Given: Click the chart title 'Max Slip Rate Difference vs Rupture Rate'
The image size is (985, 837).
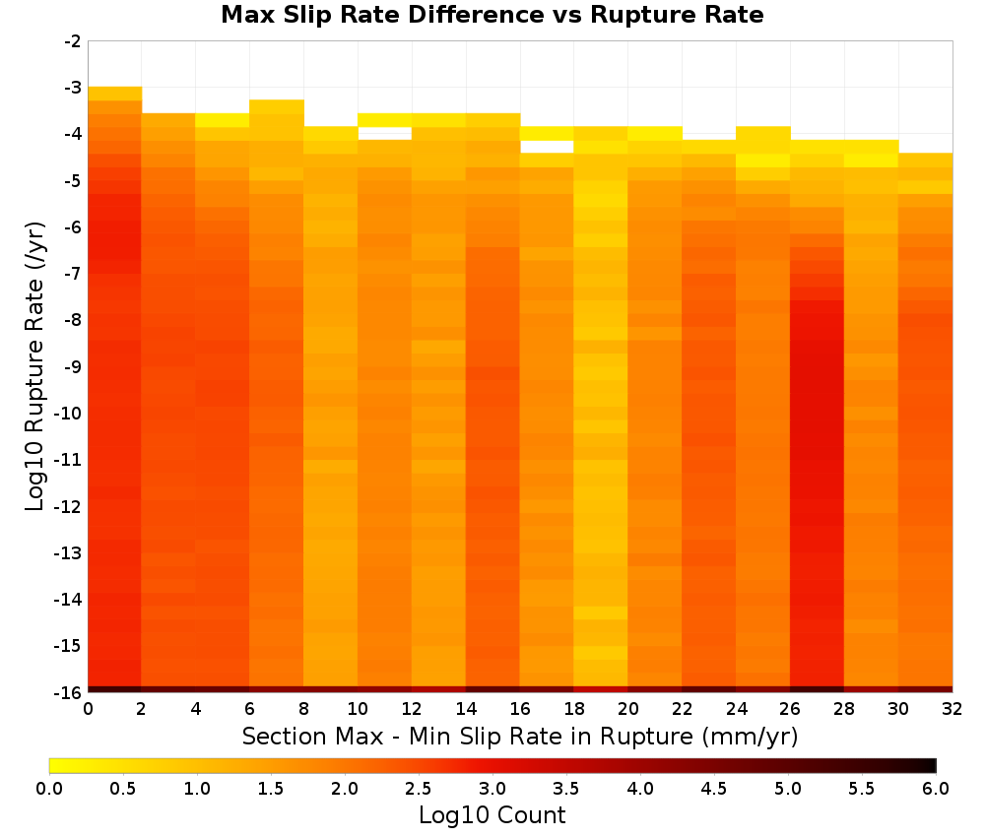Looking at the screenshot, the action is point(492,15).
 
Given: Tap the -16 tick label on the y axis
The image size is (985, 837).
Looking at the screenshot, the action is point(68,692).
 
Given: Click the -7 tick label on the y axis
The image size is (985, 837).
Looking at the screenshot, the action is point(73,273).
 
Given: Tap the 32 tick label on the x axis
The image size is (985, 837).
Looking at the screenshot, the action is point(952,709).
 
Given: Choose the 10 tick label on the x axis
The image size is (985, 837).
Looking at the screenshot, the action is point(358,709).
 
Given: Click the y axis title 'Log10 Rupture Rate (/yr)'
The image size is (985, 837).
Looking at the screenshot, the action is point(34,366).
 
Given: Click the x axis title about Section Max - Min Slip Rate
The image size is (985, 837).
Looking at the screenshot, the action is point(520,736).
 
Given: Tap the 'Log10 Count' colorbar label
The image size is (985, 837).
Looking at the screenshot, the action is point(492,815).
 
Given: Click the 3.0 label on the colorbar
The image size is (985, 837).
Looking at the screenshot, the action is point(492,788).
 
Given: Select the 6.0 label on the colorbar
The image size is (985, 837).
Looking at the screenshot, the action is point(936,788).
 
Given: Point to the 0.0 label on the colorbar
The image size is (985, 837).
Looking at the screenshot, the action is point(49,788).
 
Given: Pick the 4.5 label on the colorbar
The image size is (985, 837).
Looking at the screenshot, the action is point(714,788).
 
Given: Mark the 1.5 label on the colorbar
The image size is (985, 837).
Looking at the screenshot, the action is point(271,788).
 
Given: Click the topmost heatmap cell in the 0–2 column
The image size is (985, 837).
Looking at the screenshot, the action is point(115,94).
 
